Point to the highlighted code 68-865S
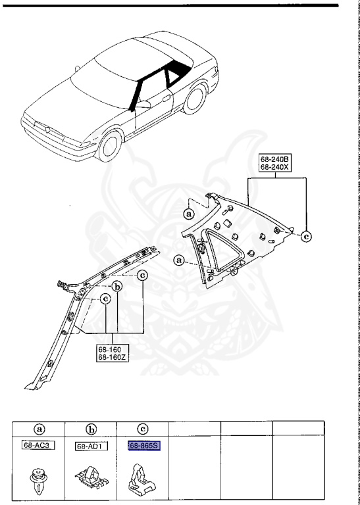pyautogui.click(x=143, y=445)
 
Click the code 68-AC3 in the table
pyautogui.click(x=38, y=445)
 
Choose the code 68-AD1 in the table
pyautogui.click(x=91, y=445)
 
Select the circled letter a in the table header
pyautogui.click(x=38, y=428)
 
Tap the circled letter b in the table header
pyautogui.click(x=91, y=428)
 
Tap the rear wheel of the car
pyautogui.click(x=195, y=99)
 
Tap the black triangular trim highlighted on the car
pyautogui.click(x=174, y=77)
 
